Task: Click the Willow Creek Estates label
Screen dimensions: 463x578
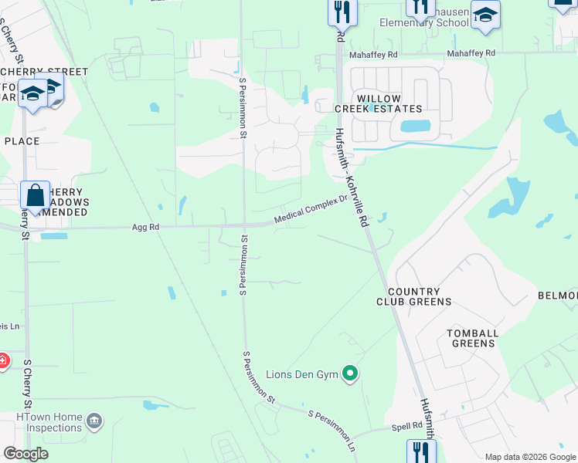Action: (379, 103)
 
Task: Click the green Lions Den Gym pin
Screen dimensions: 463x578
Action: (350, 374)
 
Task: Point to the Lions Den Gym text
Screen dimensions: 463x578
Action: (302, 374)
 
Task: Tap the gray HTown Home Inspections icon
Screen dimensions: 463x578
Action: (94, 421)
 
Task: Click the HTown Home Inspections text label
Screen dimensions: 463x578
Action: (49, 422)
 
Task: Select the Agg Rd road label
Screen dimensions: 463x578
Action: (145, 228)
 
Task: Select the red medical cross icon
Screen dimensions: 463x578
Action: (3, 360)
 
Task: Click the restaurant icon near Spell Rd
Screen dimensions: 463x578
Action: (421, 451)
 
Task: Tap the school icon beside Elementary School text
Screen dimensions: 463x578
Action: (485, 15)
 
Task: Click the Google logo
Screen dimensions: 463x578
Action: (25, 454)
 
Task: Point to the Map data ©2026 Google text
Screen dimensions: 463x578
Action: (530, 457)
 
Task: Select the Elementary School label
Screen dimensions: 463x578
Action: (423, 22)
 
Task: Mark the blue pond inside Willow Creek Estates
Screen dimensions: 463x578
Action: (415, 126)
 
